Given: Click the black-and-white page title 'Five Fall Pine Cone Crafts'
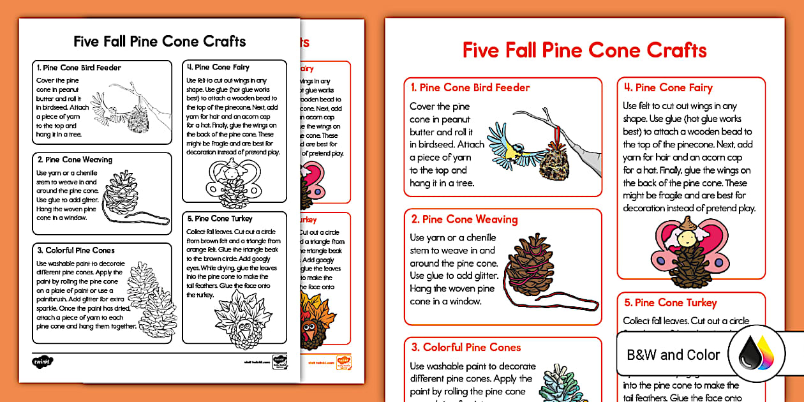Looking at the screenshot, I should click(160, 41).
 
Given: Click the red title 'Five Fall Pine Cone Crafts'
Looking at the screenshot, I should click(584, 50).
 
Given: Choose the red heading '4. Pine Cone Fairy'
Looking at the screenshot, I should click(676, 88).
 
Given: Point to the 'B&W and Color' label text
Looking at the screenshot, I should click(673, 355).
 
